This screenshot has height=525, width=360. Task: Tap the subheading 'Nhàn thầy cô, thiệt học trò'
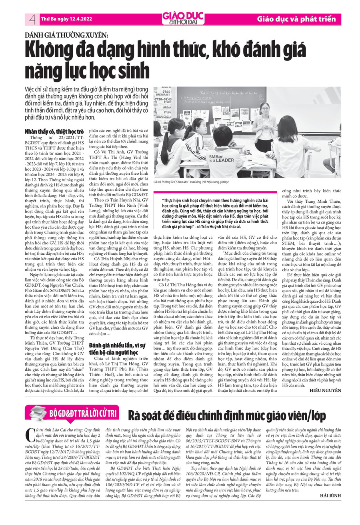click(54, 131)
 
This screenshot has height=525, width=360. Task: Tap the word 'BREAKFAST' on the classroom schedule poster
click(163, 95)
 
